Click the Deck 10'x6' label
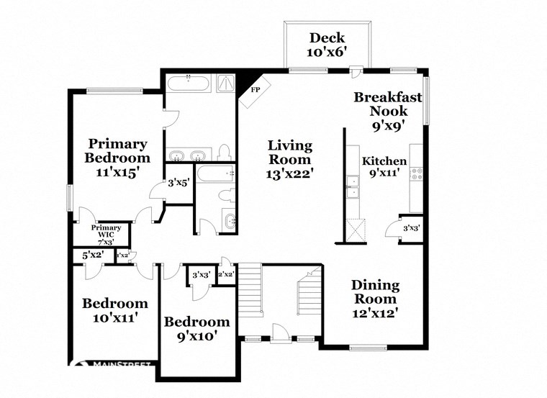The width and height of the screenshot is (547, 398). click(x=327, y=45)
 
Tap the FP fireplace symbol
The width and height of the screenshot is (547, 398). click(x=255, y=91)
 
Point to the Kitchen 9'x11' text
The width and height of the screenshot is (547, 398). click(x=384, y=167)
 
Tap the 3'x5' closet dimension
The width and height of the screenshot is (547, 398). click(x=177, y=183)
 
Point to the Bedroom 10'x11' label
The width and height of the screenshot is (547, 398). click(x=114, y=309)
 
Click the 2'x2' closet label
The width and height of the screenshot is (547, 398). click(x=226, y=273)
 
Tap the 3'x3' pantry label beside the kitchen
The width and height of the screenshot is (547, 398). click(x=411, y=229)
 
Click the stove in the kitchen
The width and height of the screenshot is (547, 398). click(x=416, y=173)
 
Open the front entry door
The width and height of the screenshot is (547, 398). click(x=280, y=333)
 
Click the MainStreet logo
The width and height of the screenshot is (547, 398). click(x=115, y=365)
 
